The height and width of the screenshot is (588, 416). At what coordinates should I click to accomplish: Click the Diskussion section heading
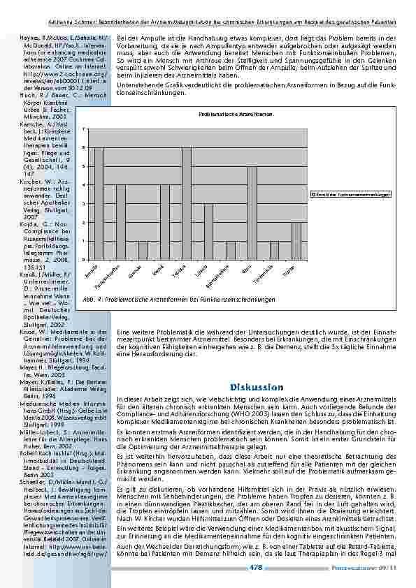(x=256, y=387)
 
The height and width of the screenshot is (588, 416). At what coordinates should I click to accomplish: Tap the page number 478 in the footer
(x=256, y=568)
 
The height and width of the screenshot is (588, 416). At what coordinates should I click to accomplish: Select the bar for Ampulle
(x=99, y=203)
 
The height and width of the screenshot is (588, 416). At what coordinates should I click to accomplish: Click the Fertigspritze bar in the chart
(x=121, y=221)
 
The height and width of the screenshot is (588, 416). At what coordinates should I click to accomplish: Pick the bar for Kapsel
(x=165, y=221)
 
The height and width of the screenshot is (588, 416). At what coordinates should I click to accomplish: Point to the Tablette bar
(x=187, y=203)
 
